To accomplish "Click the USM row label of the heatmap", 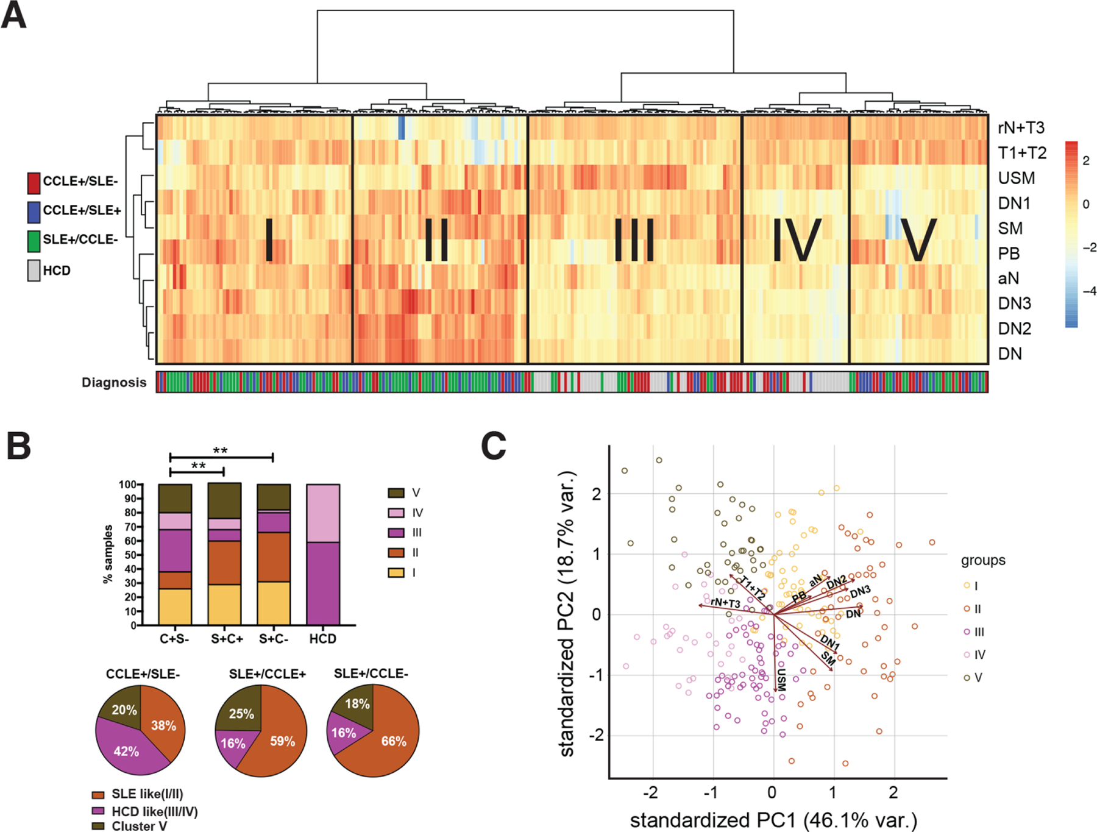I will (x=1016, y=178).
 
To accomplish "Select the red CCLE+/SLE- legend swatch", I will (x=34, y=182).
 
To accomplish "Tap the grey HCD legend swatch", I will (x=34, y=271).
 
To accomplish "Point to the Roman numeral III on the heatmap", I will (x=634, y=240).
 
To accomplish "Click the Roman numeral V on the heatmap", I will (x=918, y=240).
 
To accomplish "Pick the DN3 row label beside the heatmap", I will (x=1014, y=304).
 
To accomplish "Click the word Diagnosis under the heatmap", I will (x=114, y=383).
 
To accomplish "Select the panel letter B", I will (x=18, y=446).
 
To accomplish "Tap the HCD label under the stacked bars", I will (x=322, y=639).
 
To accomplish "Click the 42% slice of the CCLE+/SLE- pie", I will (x=127, y=750).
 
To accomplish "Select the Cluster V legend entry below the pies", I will (x=133, y=826).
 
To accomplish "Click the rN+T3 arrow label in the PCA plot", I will (x=725, y=603).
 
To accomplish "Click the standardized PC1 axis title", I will (x=773, y=820).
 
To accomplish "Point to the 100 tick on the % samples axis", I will (x=127, y=485).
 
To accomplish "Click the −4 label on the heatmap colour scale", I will (x=1088, y=291).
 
